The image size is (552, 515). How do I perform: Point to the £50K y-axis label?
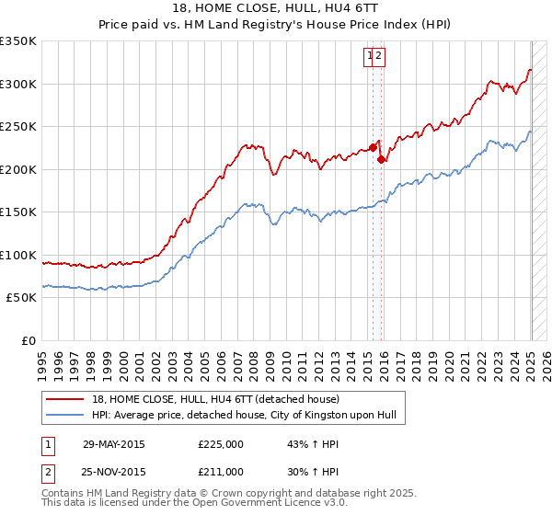(x=19, y=298)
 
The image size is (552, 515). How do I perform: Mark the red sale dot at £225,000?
(x=373, y=147)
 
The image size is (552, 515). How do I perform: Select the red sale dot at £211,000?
(x=381, y=159)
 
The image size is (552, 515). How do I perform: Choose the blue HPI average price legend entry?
(x=243, y=416)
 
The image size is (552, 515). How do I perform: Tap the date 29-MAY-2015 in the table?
(x=114, y=444)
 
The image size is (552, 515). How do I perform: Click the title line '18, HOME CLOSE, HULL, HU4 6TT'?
(x=275, y=9)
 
